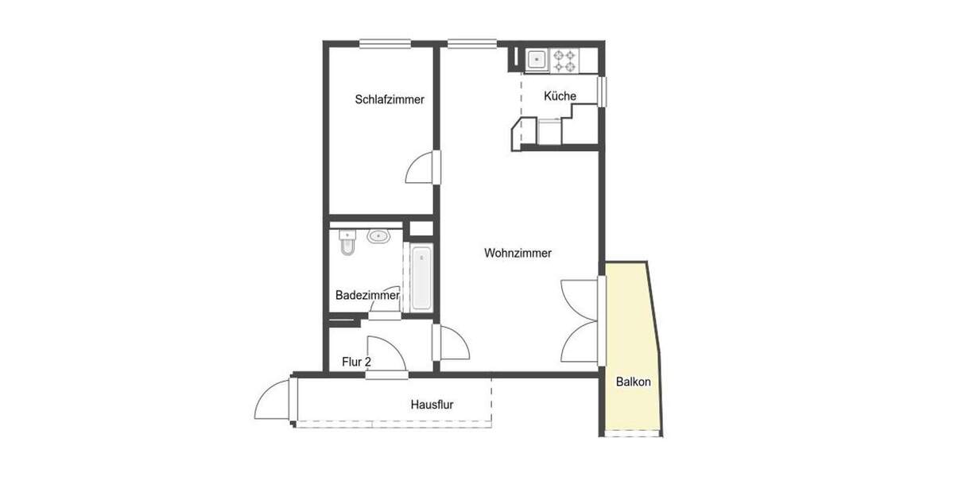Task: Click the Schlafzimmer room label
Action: (x=390, y=100)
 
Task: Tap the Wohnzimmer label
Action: (x=518, y=254)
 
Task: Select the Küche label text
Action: (x=560, y=96)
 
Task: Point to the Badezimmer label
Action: (x=366, y=295)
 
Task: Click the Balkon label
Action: (x=634, y=382)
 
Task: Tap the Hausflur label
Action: (x=432, y=405)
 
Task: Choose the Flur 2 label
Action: (x=357, y=362)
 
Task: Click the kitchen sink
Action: (x=536, y=58)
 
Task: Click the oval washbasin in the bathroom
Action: (x=378, y=236)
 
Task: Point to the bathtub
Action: (x=421, y=278)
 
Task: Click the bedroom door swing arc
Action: (x=419, y=169)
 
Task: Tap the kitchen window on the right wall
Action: (x=602, y=90)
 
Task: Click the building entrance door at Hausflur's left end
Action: (x=273, y=401)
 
